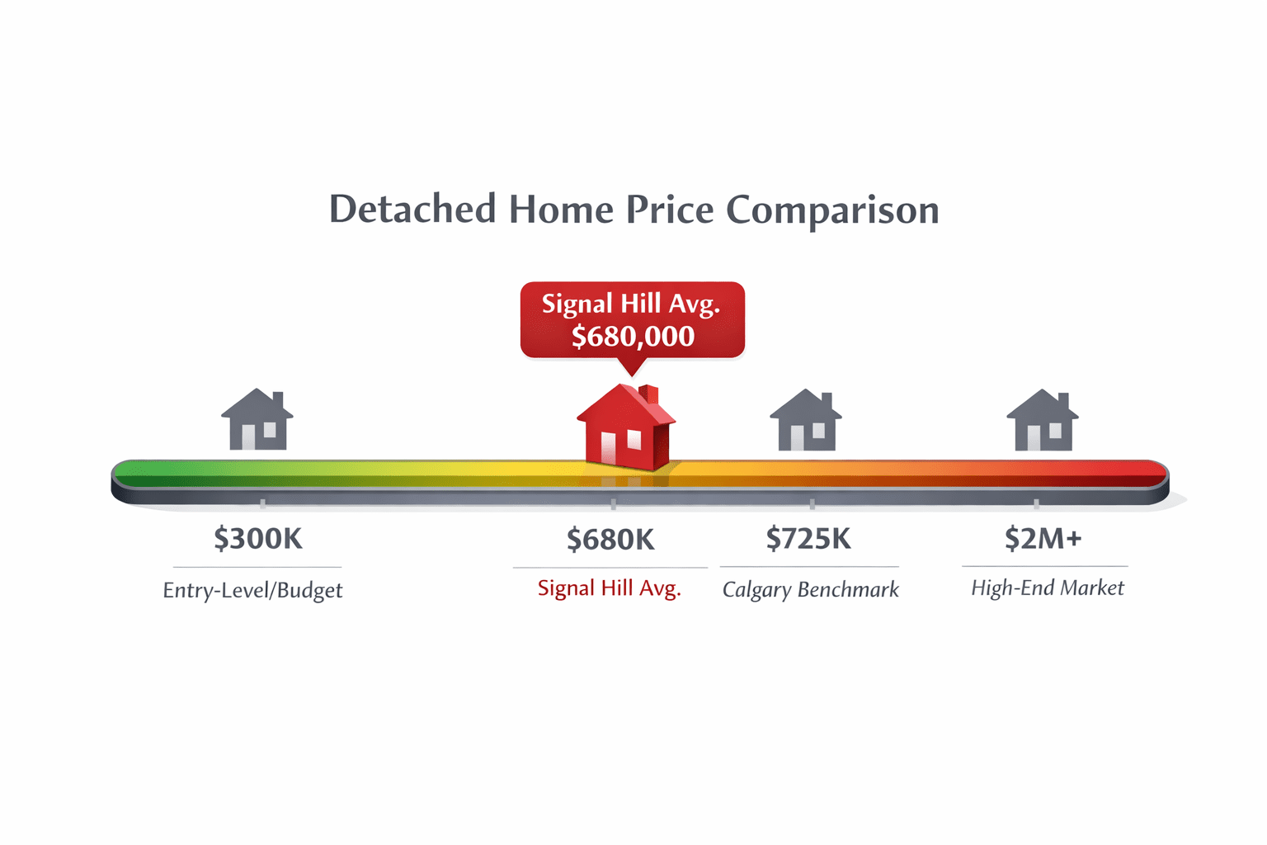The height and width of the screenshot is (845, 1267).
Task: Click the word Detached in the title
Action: coord(412,210)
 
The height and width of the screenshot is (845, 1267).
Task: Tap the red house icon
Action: coord(626,429)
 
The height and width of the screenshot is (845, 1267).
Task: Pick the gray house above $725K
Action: coord(806,422)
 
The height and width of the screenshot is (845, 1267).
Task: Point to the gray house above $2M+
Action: coord(1043,422)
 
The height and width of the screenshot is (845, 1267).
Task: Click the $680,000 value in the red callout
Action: coord(633,337)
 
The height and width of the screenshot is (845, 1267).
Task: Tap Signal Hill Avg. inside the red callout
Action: coord(631,304)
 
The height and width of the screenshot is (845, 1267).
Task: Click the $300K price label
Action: coord(258,539)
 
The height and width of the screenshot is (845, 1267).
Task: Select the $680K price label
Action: coord(610,540)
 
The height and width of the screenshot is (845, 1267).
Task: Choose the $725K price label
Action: coord(808,539)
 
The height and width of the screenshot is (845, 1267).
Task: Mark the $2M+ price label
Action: coord(1043,539)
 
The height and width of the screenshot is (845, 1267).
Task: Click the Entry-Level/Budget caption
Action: coord(252,590)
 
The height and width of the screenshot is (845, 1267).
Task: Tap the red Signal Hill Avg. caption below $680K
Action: coord(609,588)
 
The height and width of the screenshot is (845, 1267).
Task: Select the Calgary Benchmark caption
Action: coord(810,589)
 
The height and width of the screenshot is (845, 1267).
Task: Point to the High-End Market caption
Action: coord(1047,588)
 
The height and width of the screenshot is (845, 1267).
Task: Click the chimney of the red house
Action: coord(649,395)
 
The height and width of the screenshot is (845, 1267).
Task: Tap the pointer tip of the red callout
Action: coord(632,374)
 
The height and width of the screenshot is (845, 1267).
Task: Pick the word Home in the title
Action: coord(561,210)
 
